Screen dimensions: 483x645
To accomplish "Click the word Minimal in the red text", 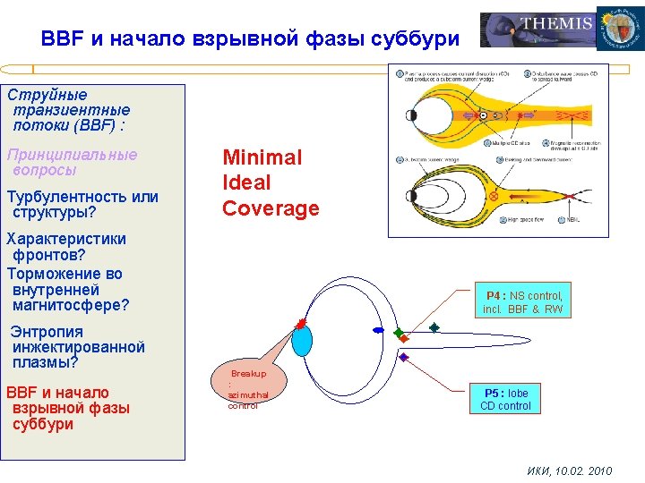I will pos(262,157).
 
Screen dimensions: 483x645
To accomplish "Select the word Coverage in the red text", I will pos(271,208).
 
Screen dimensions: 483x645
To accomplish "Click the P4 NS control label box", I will pos(522,301).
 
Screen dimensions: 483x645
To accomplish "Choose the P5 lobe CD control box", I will pos(506,399).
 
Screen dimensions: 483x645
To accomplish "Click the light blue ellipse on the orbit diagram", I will pos(302,341).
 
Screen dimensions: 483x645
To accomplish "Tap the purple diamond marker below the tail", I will pos(403,357).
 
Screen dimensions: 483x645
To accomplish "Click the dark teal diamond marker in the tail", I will pos(434,327).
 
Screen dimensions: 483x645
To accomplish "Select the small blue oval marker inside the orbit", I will pos(378,331).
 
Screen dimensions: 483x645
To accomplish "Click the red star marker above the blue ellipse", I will pos(301,323).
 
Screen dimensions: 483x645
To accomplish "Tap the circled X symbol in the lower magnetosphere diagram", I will pos(493,195).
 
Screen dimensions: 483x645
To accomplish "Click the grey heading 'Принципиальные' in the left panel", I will pos(72,154).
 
